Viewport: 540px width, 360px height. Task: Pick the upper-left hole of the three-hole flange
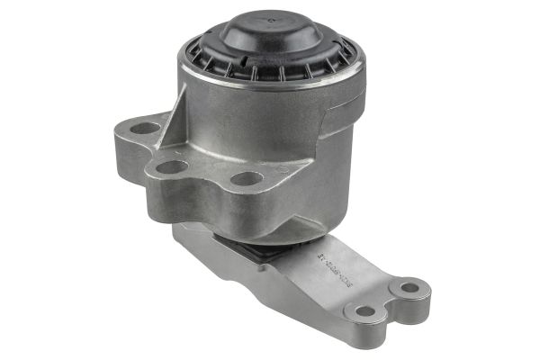tap(145, 128)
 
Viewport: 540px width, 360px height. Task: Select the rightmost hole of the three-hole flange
tap(247, 178)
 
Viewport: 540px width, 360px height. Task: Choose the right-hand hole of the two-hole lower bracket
tap(409, 288)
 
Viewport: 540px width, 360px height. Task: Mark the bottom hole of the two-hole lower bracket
tap(364, 311)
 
